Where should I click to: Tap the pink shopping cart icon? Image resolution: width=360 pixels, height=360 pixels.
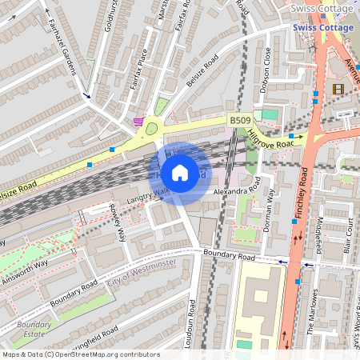[x=139, y=122]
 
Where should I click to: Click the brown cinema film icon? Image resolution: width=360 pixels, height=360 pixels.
[x=338, y=89]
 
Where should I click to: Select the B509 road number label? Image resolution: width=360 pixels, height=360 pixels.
[x=240, y=120]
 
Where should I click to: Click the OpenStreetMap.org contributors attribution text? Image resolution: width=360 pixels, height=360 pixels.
[x=104, y=354]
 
